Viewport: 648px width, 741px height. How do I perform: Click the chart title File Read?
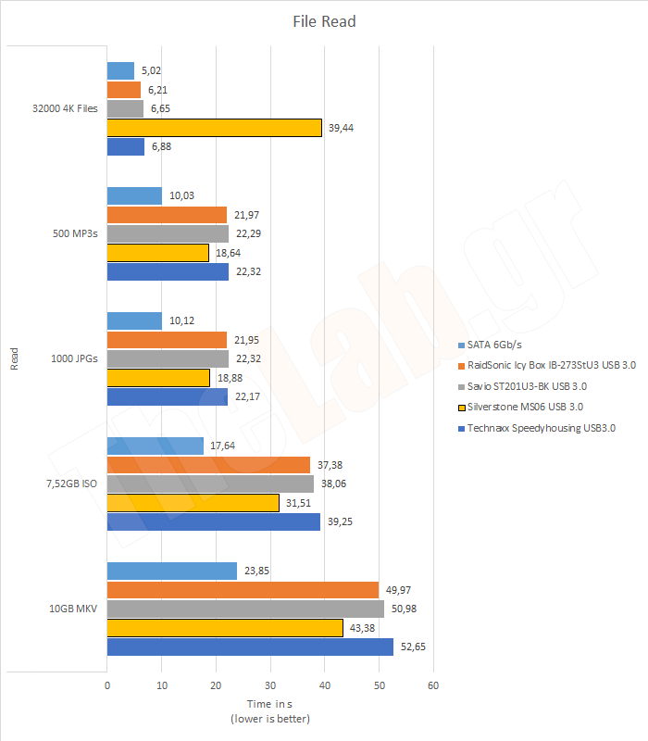pyautogui.click(x=324, y=21)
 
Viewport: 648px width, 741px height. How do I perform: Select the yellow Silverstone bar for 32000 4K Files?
pyautogui.click(x=214, y=128)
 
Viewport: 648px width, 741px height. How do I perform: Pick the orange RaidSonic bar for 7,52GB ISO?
pyautogui.click(x=208, y=465)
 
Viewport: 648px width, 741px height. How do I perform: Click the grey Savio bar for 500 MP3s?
pyautogui.click(x=168, y=233)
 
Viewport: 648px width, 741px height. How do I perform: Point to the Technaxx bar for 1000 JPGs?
pyautogui.click(x=167, y=397)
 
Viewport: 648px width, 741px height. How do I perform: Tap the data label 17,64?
pyautogui.click(x=222, y=446)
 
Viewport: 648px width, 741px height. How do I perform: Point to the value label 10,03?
pyautogui.click(x=181, y=196)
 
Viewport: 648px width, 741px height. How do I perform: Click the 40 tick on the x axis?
pyautogui.click(x=324, y=685)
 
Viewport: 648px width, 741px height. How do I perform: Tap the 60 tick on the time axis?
pyautogui.click(x=432, y=685)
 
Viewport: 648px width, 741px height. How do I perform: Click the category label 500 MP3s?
pyautogui.click(x=74, y=233)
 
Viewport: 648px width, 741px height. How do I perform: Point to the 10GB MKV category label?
pyautogui.click(x=73, y=609)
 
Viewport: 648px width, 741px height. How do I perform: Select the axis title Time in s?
pyautogui.click(x=269, y=705)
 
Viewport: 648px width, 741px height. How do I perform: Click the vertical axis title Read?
pyautogui.click(x=15, y=358)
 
